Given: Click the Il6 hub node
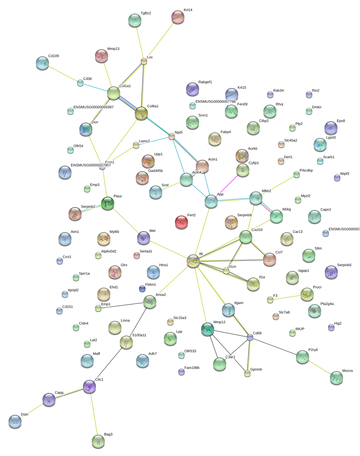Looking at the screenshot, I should click(193, 261).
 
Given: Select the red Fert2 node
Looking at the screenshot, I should click(181, 222).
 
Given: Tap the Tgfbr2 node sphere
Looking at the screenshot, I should click(135, 20).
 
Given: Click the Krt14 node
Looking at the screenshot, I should click(178, 17).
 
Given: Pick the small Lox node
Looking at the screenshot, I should click(144, 61).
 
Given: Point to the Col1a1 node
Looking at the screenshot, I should click(114, 93).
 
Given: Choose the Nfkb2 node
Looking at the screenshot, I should click(256, 198).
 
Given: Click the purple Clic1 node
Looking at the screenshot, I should click(89, 387).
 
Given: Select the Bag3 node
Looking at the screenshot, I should click(98, 441).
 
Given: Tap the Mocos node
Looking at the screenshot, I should click(337, 378).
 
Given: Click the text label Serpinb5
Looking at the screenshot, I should click(344, 265).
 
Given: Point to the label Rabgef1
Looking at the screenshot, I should click(205, 82).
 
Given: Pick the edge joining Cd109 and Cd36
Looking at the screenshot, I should click(62, 73).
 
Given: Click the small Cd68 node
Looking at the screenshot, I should click(250, 337).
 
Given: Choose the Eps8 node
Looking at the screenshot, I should click(331, 128).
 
